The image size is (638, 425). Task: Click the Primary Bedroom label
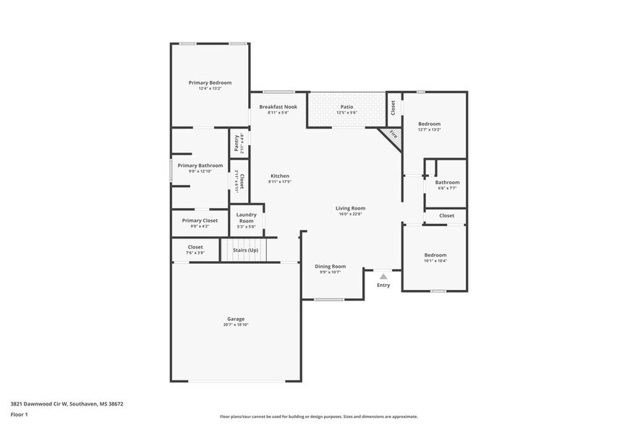coord(210,82)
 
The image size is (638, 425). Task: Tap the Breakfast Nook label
coord(278,106)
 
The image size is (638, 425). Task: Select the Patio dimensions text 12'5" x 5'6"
coord(346,113)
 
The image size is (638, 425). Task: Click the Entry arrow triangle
coord(383,276)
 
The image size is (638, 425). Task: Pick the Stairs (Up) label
coord(244,250)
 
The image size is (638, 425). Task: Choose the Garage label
coord(236,319)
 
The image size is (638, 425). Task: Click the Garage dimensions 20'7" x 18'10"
coord(236,325)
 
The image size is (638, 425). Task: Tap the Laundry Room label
coord(247,218)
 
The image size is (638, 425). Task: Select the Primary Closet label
coord(200,220)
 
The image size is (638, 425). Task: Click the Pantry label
coord(237,143)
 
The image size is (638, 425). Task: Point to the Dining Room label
coord(331,266)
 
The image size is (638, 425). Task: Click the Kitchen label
coord(280,176)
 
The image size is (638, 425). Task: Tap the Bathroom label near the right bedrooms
coord(447,182)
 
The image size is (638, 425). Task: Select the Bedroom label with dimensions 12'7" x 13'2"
coord(430,124)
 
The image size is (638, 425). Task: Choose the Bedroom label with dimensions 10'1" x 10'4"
coord(435,254)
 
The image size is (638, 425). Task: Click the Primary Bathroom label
coord(200,165)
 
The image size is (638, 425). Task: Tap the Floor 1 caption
coord(19,414)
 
